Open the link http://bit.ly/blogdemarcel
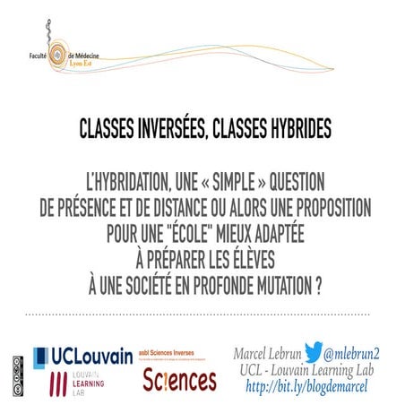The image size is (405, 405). click(309, 387)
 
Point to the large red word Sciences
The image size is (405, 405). click(179, 381)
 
